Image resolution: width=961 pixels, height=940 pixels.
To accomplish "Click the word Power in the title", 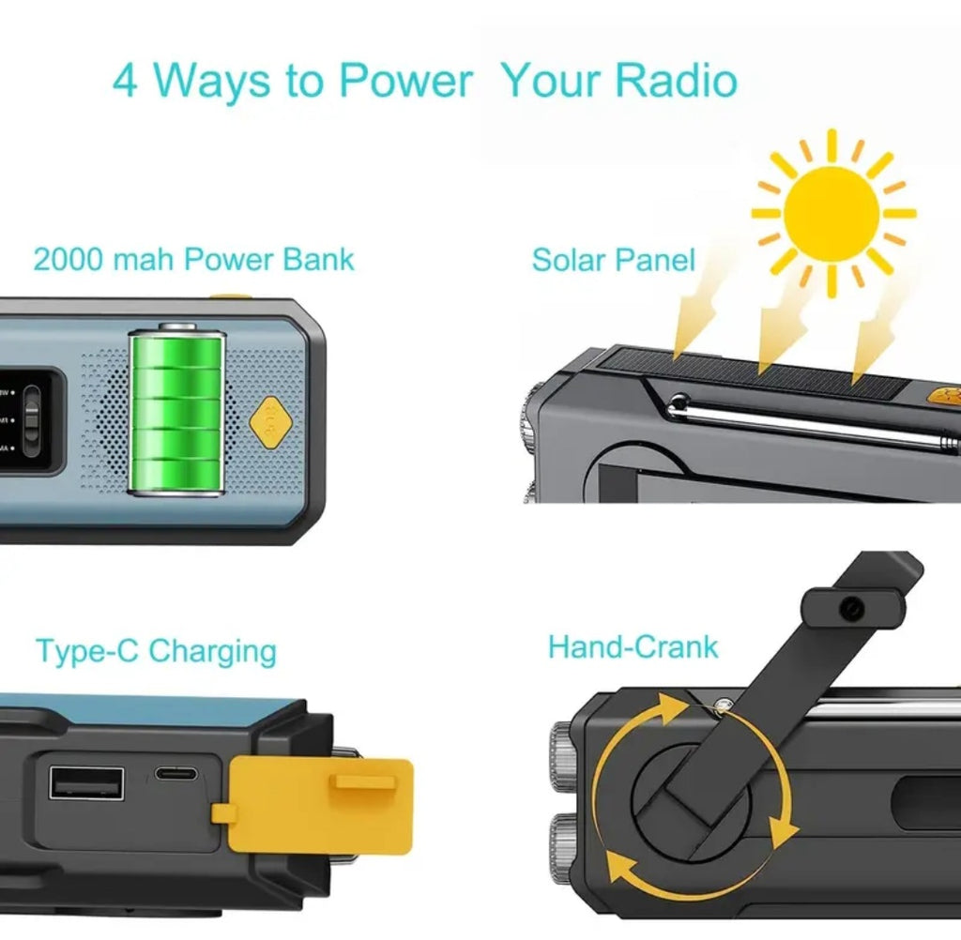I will pos(404,81).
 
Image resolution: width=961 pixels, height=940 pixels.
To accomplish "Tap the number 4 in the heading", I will pos(125,82).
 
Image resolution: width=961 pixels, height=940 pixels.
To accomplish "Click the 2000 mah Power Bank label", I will pos(193,259).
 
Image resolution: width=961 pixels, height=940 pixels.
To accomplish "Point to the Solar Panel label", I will pos(613,260).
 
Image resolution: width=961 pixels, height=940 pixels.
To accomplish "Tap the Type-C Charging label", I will pos(156,650).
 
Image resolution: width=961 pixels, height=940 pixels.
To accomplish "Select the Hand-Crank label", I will pos(633,647).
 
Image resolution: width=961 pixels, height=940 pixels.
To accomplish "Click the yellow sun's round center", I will pos(832,213).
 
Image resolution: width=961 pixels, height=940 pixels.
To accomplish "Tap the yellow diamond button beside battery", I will pos(269,427).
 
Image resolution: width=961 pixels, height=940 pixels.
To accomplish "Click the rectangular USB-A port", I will pos(86,783).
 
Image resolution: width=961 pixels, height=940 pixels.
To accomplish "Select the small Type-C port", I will pos(175,776).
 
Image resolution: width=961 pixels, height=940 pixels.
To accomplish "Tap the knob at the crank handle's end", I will pos(851,609).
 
